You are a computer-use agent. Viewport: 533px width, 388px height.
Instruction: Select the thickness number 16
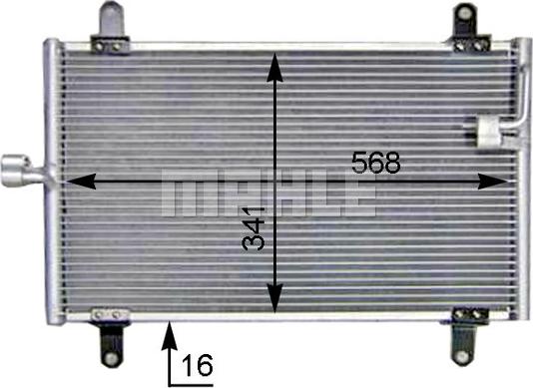[197, 366]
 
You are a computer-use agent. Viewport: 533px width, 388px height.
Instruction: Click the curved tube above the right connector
[518, 95]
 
